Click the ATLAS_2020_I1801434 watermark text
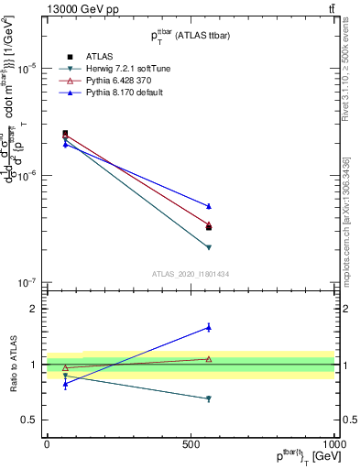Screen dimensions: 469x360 [190, 274]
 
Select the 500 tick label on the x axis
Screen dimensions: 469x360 [191, 443]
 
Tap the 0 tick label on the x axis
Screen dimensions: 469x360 [47, 443]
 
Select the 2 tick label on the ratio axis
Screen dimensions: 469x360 [33, 309]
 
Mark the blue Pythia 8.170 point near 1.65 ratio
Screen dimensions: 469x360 [209, 327]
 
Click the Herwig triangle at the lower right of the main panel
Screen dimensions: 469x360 [209, 247]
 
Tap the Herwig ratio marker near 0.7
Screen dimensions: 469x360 [209, 398]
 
